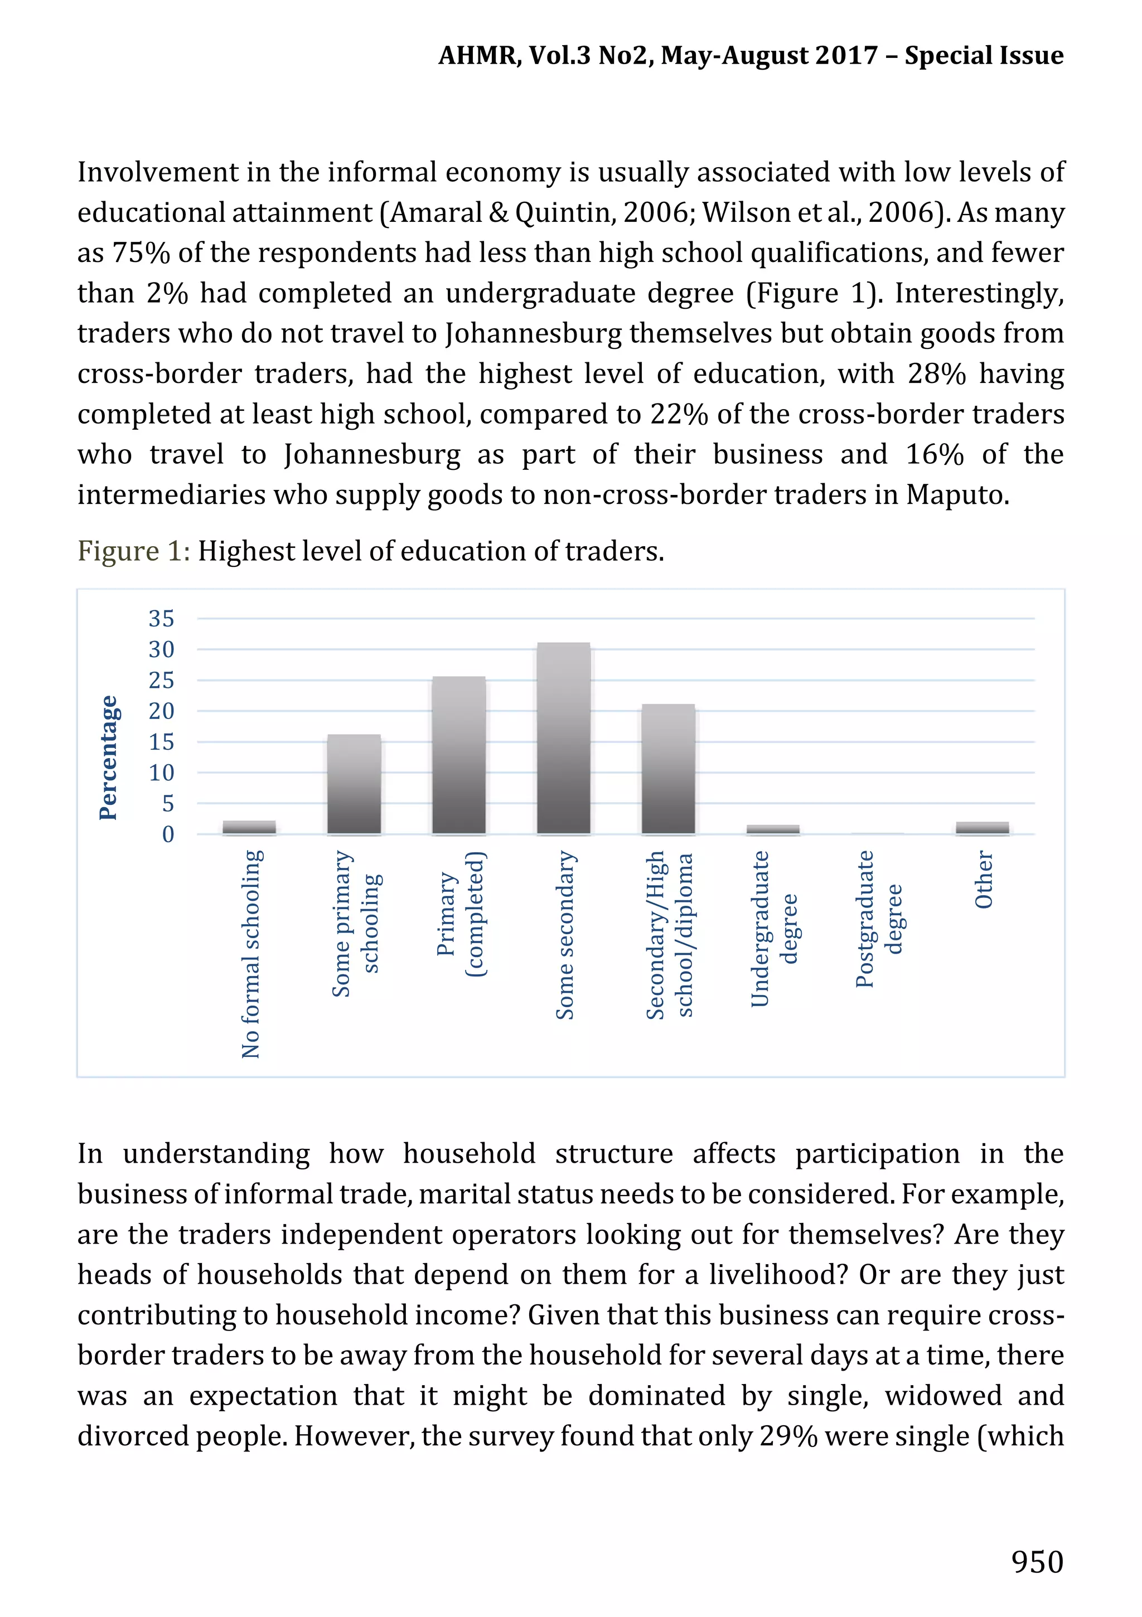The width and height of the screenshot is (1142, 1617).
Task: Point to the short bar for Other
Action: click(982, 828)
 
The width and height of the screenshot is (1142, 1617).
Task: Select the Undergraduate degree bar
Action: click(773, 829)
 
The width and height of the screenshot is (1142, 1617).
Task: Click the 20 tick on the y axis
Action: click(161, 711)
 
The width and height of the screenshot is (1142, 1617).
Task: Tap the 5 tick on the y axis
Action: click(168, 804)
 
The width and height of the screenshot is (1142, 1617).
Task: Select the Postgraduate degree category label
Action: click(878, 919)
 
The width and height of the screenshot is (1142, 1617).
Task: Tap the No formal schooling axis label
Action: click(251, 954)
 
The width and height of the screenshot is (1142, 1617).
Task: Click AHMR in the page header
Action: click(478, 55)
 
